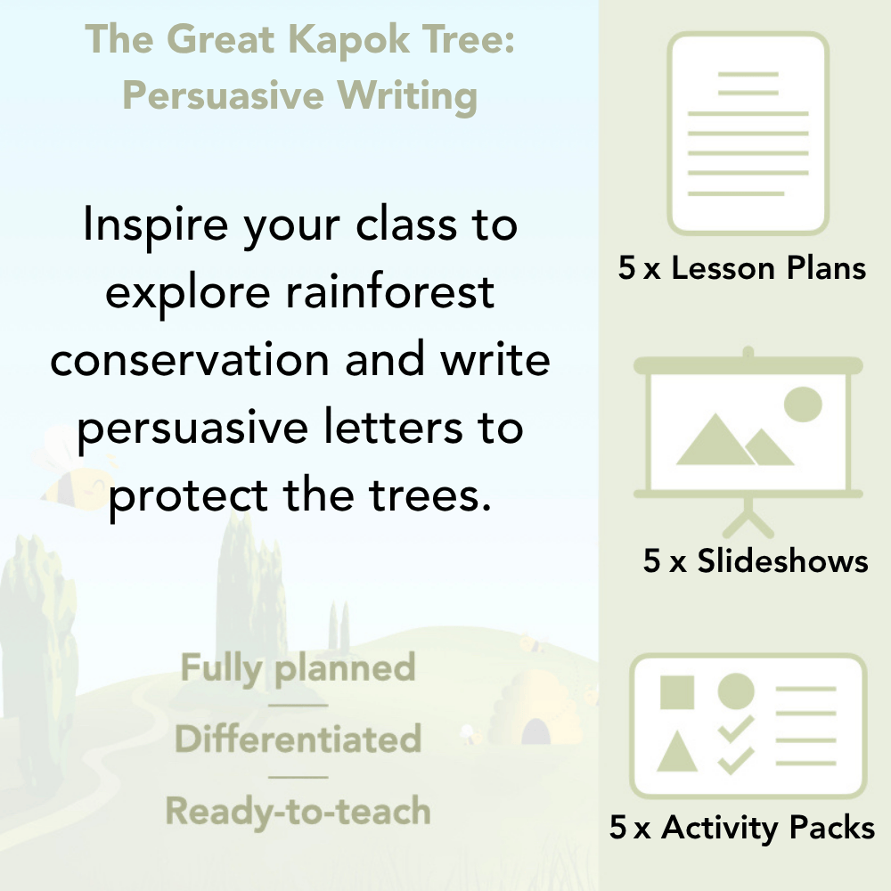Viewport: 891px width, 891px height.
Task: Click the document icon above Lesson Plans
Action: tap(748, 134)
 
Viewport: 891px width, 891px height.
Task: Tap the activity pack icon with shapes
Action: tap(748, 726)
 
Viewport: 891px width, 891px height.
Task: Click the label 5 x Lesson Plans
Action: tap(742, 268)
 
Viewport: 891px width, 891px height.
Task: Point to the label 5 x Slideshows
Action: tap(756, 561)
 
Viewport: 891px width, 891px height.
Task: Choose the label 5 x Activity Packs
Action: tap(742, 829)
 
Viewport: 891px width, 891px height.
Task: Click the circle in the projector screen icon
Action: tap(802, 404)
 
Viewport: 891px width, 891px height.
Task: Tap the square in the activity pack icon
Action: tap(677, 692)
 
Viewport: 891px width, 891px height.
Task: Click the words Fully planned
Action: tap(298, 668)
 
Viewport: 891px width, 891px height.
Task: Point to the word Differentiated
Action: tap(298, 740)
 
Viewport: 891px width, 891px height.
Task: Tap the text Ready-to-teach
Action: tap(298, 811)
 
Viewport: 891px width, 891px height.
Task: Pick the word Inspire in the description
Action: tap(143, 225)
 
